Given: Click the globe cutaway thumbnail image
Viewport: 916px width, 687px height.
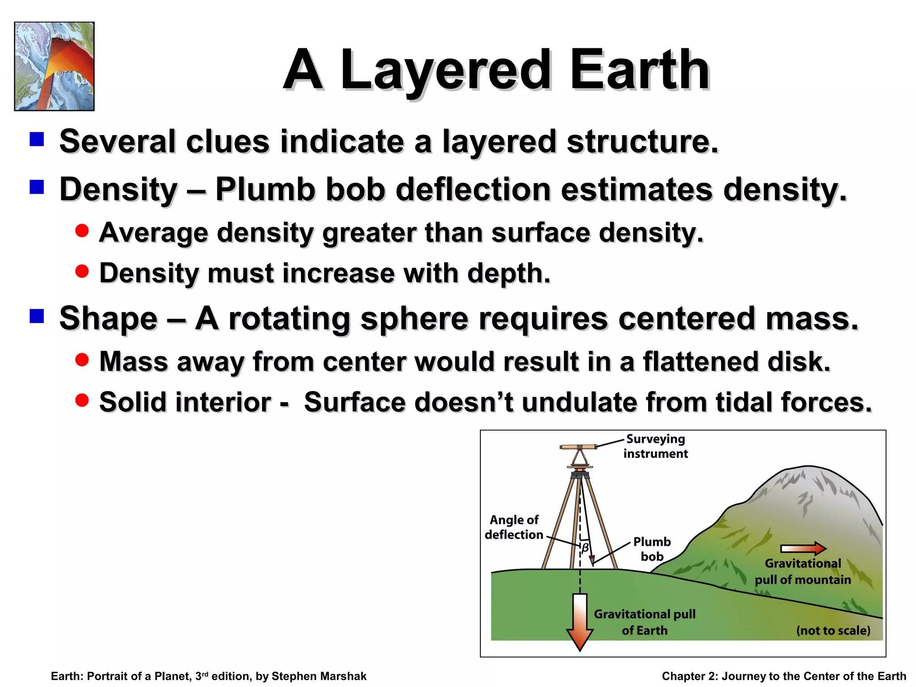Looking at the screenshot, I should tap(54, 66).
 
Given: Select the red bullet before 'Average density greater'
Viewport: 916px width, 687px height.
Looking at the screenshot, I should tap(82, 231).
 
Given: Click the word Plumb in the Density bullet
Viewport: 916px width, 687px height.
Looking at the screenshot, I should tap(265, 190).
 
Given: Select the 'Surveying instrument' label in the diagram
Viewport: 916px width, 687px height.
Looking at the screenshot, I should tap(655, 446).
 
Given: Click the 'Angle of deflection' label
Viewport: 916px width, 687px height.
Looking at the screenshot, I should tap(514, 527).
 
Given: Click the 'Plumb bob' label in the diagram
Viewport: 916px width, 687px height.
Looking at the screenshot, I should tap(652, 549).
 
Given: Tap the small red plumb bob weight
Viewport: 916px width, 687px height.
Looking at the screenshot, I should tap(591, 560).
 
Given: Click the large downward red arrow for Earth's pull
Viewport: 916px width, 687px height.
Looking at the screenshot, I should tap(580, 622).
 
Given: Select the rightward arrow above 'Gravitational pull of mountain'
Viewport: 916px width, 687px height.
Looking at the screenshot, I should tap(803, 548).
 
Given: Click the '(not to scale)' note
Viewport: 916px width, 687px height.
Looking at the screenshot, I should tap(833, 631).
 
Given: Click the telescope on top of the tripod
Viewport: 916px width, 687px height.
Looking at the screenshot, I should tap(578, 447).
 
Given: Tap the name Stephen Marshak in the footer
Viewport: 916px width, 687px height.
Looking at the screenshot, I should tap(319, 676).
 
